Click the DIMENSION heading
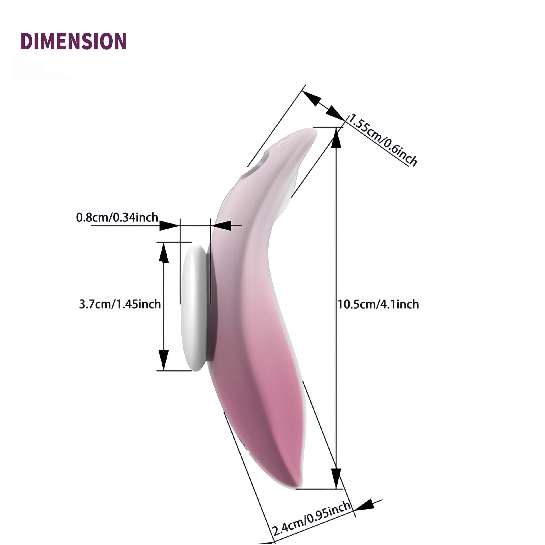pos(74,41)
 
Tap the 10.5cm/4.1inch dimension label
pos(378,304)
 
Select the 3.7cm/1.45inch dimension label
pos(120,304)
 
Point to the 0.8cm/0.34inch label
pos(117,217)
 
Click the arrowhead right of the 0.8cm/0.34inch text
pos(169,225)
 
